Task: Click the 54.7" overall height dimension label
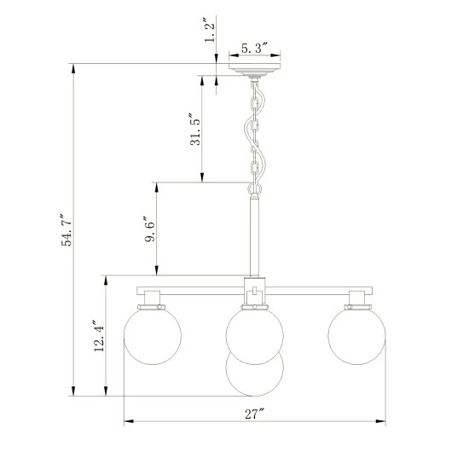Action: click(x=67, y=229)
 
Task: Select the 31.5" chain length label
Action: click(x=195, y=129)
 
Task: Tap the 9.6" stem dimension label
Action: click(x=150, y=229)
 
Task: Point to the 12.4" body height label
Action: click(x=99, y=336)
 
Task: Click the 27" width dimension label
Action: click(x=255, y=414)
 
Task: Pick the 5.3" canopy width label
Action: click(x=254, y=48)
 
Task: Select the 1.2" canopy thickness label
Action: click(x=210, y=30)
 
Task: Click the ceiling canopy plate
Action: click(x=255, y=70)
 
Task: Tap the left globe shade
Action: click(x=153, y=336)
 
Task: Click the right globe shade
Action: click(x=356, y=336)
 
